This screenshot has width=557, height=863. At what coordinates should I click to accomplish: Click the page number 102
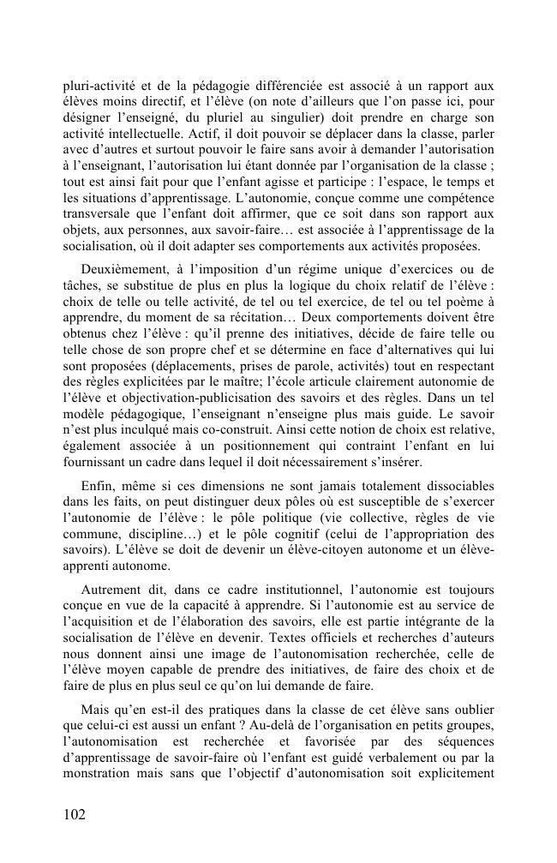click(x=75, y=814)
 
